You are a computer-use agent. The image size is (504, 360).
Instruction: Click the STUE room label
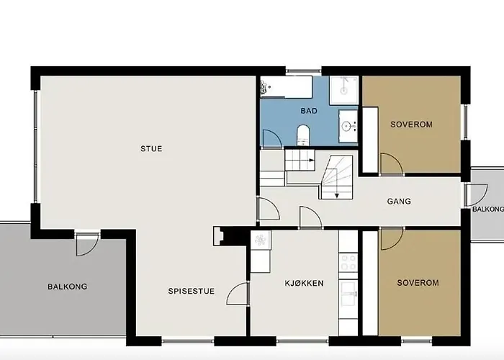(151, 149)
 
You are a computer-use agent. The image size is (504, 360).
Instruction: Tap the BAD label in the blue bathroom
(309, 112)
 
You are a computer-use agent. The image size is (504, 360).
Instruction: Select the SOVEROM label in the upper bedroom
(411, 125)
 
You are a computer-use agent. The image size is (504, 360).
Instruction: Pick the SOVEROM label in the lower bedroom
(418, 283)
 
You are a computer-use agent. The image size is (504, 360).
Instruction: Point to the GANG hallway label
(398, 202)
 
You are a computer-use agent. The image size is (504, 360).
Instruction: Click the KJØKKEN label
(304, 284)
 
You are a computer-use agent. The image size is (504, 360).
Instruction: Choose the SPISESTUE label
(190, 292)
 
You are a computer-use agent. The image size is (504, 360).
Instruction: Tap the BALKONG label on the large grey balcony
(67, 287)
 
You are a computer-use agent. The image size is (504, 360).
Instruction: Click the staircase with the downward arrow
(336, 178)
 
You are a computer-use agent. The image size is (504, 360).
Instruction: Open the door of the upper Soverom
(391, 164)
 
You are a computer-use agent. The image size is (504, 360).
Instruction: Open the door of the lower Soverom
(391, 239)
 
